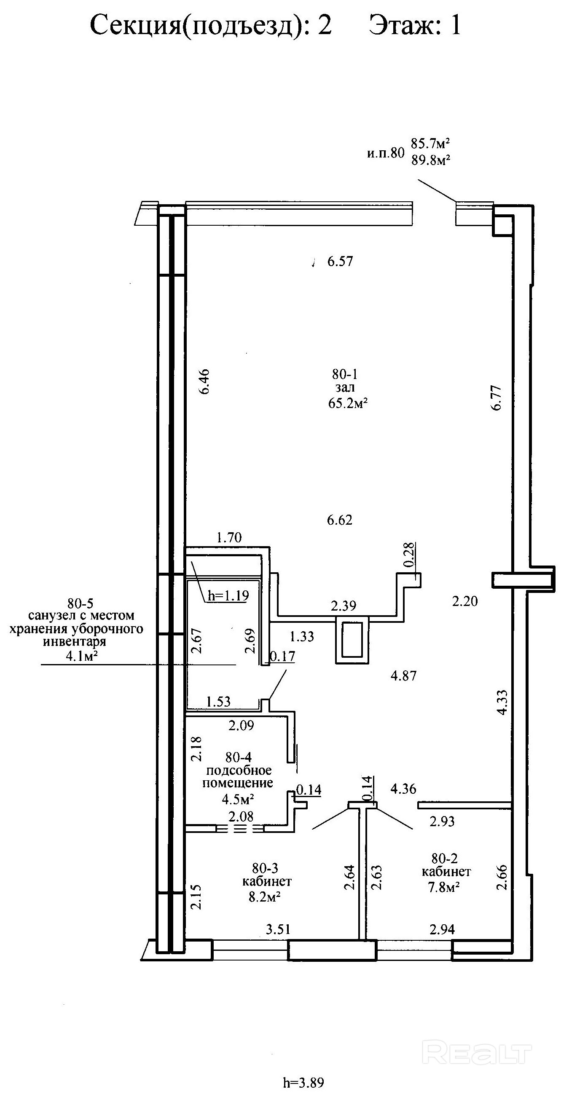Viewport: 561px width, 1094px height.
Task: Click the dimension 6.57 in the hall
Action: tap(340, 261)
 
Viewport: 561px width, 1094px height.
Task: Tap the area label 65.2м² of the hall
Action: tap(348, 403)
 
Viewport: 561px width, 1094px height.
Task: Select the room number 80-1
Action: tap(345, 374)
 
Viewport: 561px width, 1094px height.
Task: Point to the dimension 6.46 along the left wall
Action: tap(205, 382)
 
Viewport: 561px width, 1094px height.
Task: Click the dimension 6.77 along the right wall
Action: tap(496, 398)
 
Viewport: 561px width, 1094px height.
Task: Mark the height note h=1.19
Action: tap(228, 595)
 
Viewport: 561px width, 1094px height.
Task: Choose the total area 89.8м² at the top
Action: tap(431, 160)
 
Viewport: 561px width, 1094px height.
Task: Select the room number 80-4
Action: tap(239, 757)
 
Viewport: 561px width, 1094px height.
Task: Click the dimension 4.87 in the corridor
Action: tap(404, 676)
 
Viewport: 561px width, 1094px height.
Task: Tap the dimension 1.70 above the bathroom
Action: tap(229, 538)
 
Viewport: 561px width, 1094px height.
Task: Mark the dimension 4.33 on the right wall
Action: tap(502, 702)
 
